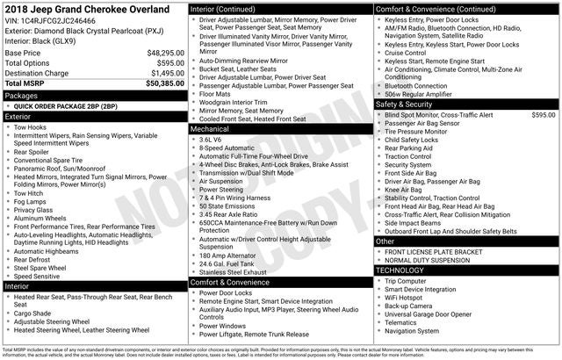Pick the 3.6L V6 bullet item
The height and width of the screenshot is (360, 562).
210,139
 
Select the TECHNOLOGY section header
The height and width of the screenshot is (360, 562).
400,270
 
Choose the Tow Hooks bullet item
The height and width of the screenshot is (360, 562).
31,126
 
